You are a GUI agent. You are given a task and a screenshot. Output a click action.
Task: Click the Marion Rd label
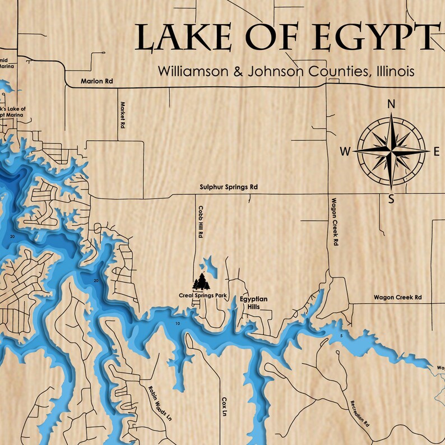(x=96, y=81)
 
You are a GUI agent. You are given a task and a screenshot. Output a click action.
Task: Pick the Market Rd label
(x=121, y=115)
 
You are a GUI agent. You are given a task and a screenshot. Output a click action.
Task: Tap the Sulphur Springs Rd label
(x=229, y=187)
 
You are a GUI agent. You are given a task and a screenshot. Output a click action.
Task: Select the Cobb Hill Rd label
(x=200, y=222)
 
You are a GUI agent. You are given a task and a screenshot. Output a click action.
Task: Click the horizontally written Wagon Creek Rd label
(x=398, y=298)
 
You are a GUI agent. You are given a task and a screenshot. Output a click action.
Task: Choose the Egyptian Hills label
(x=254, y=303)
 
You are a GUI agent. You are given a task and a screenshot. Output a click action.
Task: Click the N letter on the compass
(x=392, y=104)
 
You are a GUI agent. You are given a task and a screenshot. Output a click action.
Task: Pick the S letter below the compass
(x=392, y=199)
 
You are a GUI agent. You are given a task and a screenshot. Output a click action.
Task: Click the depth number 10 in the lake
(x=178, y=324)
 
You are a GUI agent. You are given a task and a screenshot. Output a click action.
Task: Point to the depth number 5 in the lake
(x=340, y=336)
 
